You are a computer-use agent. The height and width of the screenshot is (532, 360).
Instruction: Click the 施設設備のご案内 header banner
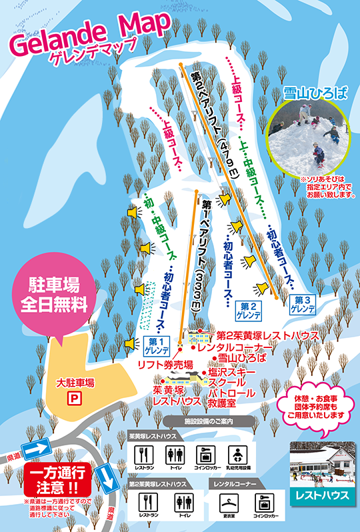210,421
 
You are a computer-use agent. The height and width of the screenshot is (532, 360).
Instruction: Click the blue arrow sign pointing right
39,447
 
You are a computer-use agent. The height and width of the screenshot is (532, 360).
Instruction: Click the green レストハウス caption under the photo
323,495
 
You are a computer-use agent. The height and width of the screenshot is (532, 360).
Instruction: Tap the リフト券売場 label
165,364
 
